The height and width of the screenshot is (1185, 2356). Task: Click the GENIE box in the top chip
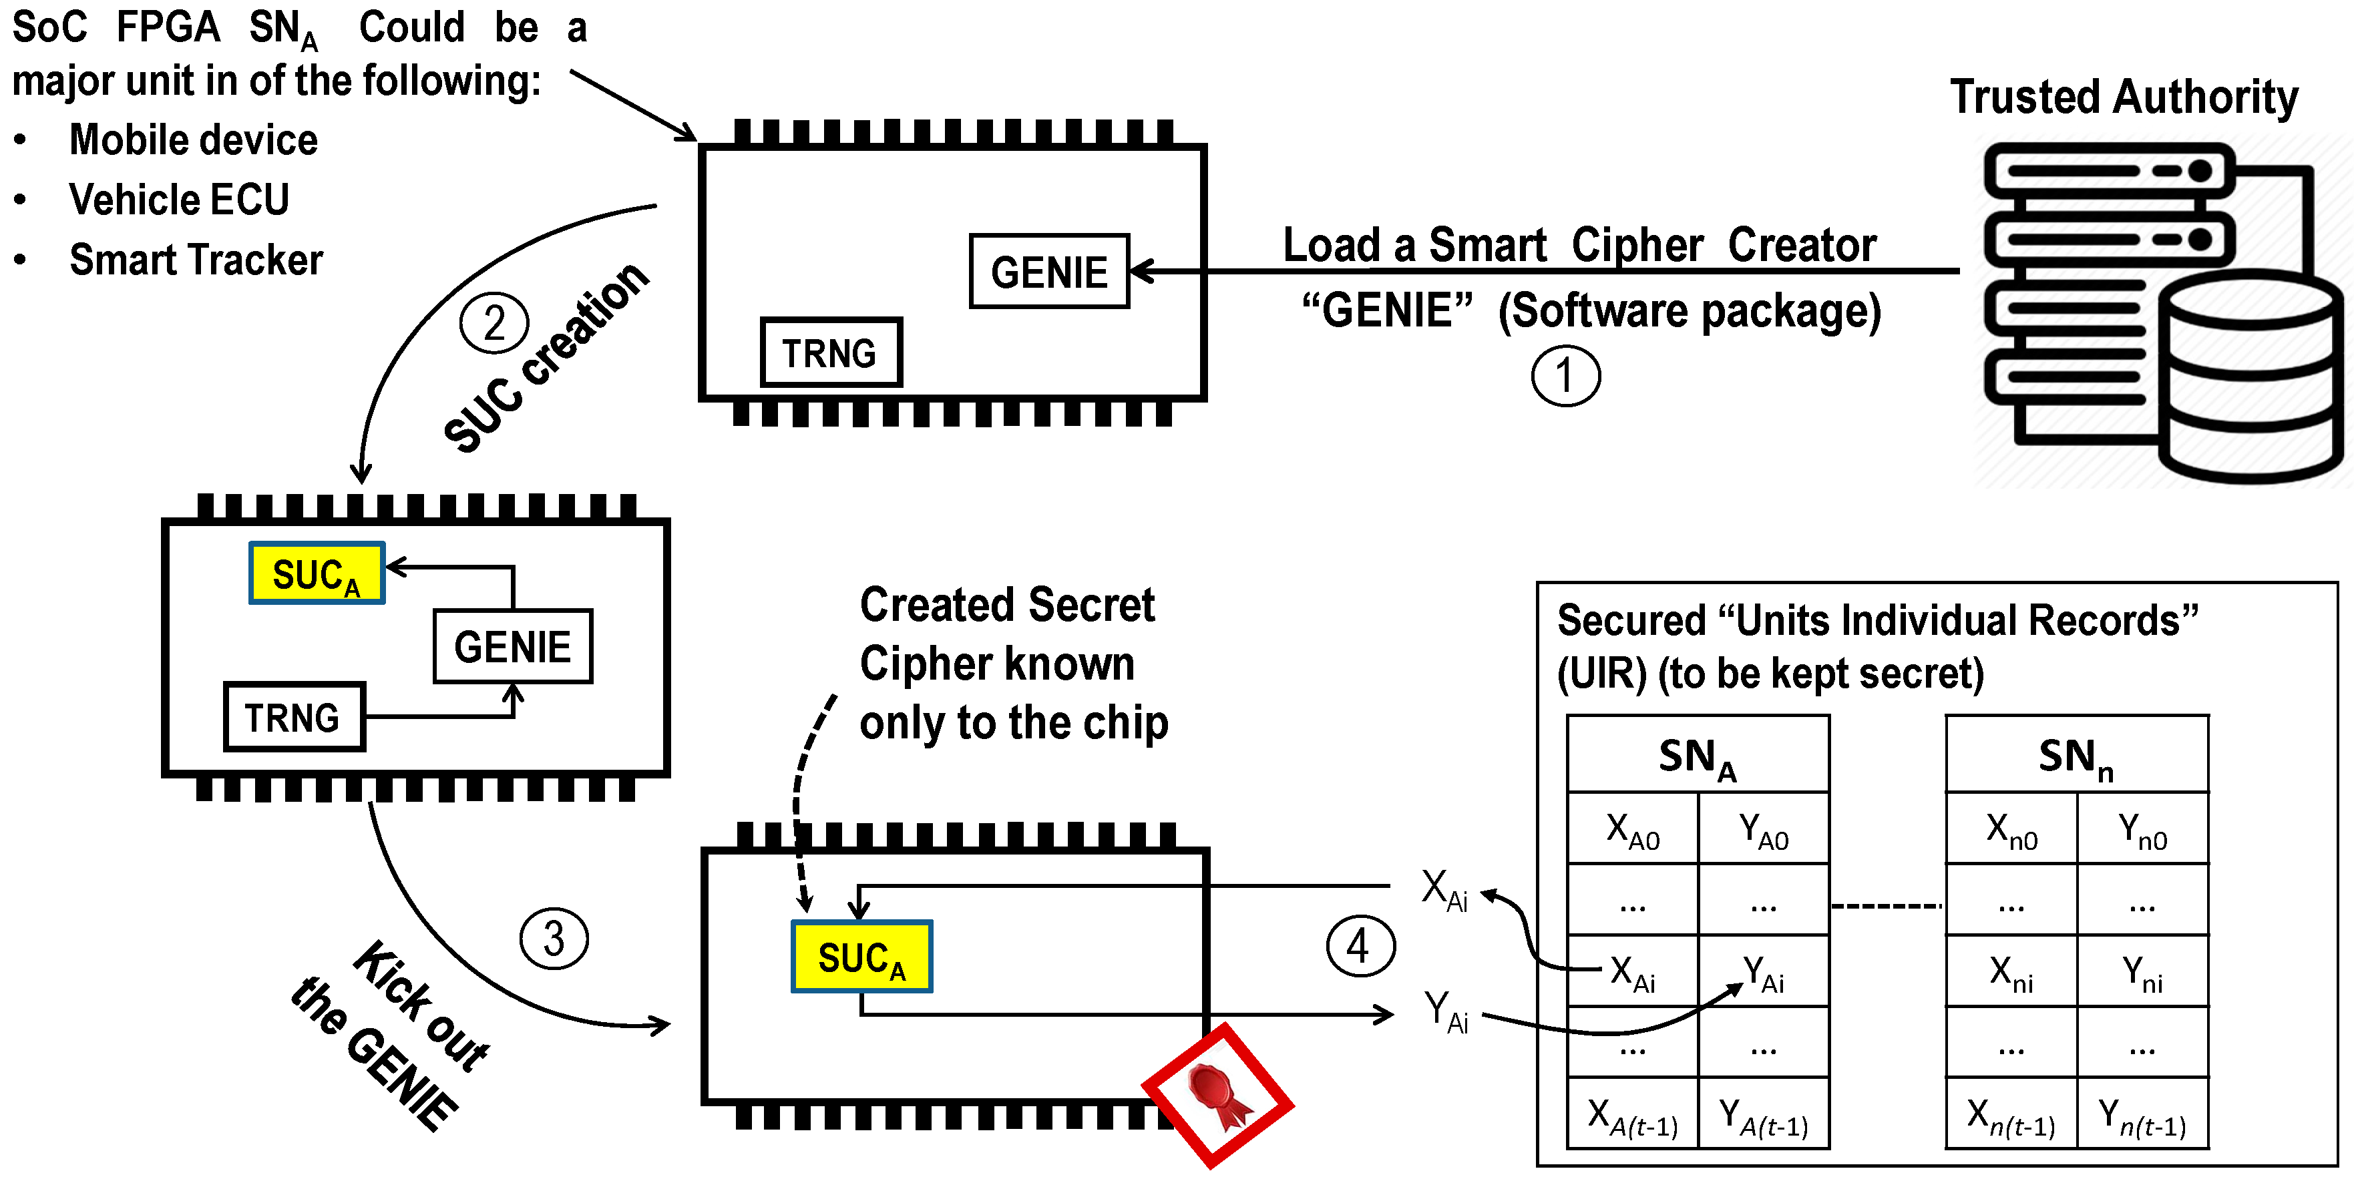1049,272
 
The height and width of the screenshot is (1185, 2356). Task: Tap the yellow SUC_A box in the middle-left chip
317,574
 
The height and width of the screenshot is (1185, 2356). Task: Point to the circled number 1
1566,376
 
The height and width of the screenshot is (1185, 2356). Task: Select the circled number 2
494,322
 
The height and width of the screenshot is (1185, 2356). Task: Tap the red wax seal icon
1217,1096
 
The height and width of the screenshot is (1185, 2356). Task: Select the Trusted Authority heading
2124,96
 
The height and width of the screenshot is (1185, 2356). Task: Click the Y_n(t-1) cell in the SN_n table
2142,1116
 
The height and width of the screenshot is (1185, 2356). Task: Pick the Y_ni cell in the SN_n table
2142,973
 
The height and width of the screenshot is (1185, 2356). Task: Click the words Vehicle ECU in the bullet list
179,200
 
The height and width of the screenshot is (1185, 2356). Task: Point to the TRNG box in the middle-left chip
294,717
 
